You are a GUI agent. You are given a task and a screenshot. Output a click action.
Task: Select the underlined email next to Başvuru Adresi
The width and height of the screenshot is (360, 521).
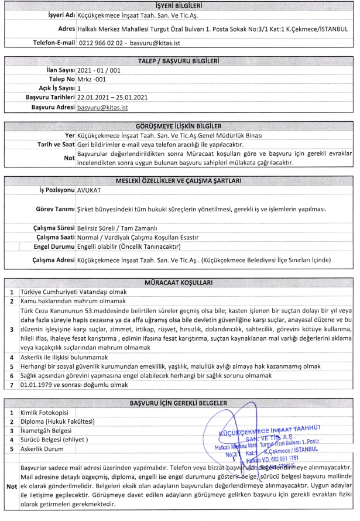[x=103, y=108]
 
